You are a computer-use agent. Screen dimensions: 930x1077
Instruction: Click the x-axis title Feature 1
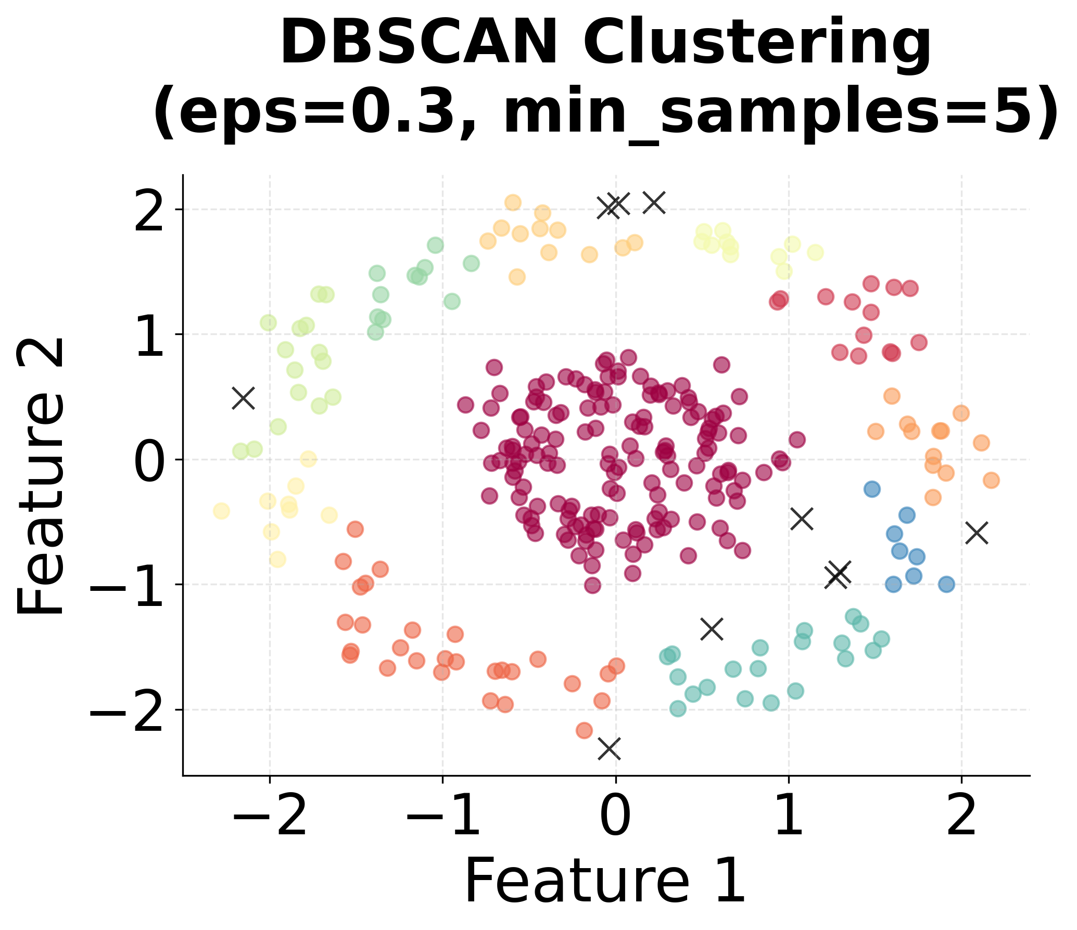tap(605, 881)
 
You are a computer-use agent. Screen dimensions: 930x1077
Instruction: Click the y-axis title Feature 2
tap(42, 476)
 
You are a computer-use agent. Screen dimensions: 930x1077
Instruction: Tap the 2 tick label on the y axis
tap(150, 210)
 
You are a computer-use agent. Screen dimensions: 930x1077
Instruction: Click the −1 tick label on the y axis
tap(128, 585)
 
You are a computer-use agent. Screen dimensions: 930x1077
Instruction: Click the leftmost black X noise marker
tap(243, 398)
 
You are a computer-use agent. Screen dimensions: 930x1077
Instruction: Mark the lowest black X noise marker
tap(609, 748)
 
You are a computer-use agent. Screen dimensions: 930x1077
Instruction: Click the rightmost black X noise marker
tap(977, 533)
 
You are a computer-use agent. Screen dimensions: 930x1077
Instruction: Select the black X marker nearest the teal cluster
tap(712, 629)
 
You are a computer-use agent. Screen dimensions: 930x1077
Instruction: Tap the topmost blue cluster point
tap(872, 489)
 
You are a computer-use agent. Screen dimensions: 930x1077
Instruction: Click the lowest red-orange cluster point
tap(584, 730)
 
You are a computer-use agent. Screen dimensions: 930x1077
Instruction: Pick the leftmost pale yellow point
tap(221, 511)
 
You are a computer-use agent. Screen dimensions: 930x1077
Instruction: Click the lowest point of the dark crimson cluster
tap(592, 585)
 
